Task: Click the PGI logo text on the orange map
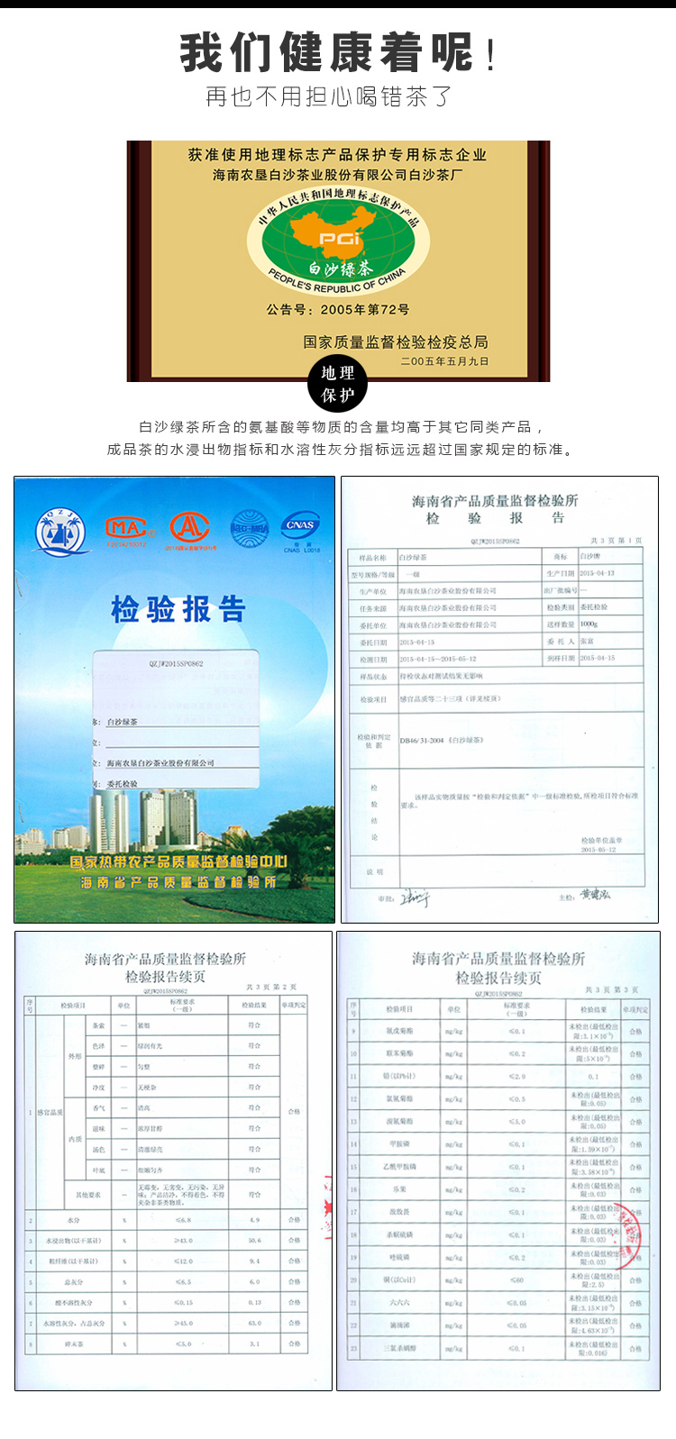pyautogui.click(x=341, y=239)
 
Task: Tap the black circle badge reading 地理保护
pyautogui.click(x=338, y=384)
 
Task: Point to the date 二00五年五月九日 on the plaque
pyautogui.click(x=444, y=361)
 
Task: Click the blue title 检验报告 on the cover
pyautogui.click(x=178, y=609)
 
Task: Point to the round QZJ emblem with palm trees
pyautogui.click(x=60, y=532)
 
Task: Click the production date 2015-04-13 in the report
pyautogui.click(x=597, y=573)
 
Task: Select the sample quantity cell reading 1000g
pyautogui.click(x=589, y=624)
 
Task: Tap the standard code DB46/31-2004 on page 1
pyautogui.click(x=442, y=740)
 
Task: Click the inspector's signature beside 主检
pyautogui.click(x=596, y=895)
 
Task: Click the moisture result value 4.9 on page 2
pyautogui.click(x=254, y=1220)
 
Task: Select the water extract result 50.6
pyautogui.click(x=254, y=1241)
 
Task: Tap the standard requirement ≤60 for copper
pyautogui.click(x=516, y=1280)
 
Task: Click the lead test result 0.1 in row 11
pyautogui.click(x=593, y=1076)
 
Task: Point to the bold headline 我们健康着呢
pyautogui.click(x=327, y=52)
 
